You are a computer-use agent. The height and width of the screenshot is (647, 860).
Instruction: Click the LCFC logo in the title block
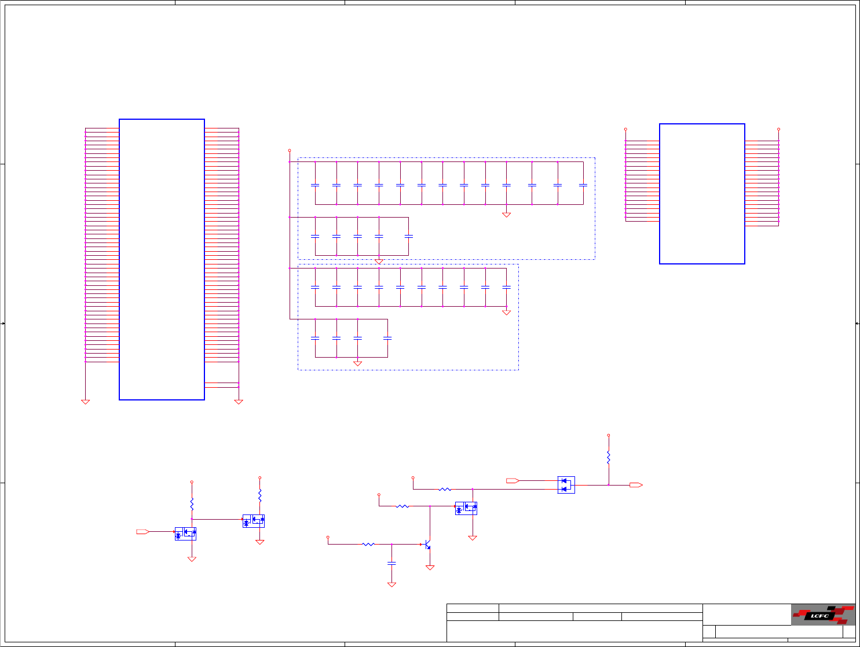click(823, 615)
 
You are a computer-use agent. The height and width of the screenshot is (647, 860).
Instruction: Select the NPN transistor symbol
click(427, 545)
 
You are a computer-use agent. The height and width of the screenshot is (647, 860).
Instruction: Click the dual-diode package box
click(566, 485)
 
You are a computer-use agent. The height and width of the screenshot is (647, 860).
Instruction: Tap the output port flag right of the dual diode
click(636, 485)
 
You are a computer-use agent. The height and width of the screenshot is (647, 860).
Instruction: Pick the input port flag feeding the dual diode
click(513, 480)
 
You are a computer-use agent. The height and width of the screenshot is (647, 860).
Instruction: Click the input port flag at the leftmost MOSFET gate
click(142, 531)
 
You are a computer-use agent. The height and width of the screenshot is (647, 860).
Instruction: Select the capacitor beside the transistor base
click(391, 563)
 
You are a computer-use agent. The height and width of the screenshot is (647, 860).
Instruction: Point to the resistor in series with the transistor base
click(368, 544)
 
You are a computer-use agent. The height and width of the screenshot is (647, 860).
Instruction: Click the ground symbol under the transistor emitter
click(430, 568)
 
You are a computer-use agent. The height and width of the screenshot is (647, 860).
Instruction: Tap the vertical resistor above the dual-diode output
click(608, 457)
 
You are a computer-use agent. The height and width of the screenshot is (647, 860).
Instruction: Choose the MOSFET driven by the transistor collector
click(466, 508)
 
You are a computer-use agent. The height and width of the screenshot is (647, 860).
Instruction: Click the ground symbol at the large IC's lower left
click(85, 402)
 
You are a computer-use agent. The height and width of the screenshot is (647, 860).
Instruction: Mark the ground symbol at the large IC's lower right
click(238, 402)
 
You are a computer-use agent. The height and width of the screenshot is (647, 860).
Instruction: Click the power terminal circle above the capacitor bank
click(290, 150)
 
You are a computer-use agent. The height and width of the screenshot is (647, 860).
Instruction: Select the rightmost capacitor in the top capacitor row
click(583, 185)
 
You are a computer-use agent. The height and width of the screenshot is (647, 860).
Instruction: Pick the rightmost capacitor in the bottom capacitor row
click(387, 338)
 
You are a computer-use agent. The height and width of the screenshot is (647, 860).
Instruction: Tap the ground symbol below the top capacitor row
click(506, 215)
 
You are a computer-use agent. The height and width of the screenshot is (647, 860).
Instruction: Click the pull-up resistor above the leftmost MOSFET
click(192, 504)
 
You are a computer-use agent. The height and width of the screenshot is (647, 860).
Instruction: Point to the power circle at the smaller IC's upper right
click(778, 129)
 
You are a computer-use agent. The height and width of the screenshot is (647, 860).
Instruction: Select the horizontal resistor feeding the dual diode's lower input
click(445, 490)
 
